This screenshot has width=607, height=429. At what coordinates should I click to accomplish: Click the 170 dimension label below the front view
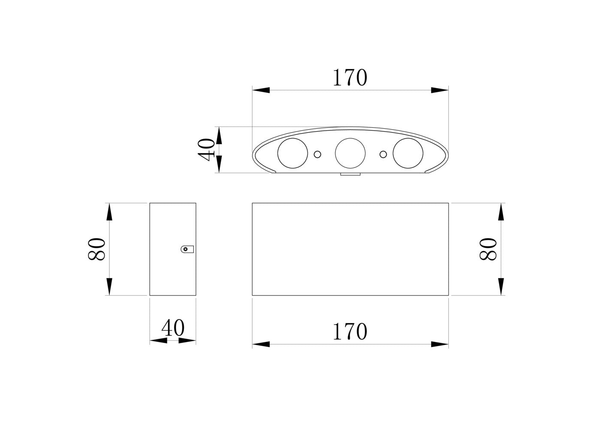coord(350,332)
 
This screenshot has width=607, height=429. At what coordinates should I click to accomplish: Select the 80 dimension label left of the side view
coord(97,249)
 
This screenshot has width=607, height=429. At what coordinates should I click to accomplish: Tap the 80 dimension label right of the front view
coord(488,249)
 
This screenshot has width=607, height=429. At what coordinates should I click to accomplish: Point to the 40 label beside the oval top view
coord(206,150)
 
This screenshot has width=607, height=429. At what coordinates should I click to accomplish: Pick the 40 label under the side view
coord(173,328)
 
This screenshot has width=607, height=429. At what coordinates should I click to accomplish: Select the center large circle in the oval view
coord(350,153)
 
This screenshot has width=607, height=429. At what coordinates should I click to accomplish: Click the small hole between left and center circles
coord(317,154)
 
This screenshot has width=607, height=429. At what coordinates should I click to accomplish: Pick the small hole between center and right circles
coord(383,154)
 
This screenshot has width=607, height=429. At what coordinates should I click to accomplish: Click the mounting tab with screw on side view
coord(187,249)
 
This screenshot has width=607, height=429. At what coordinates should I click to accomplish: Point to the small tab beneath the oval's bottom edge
coord(350,174)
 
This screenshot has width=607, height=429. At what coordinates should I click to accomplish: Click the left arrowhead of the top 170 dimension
coord(261,90)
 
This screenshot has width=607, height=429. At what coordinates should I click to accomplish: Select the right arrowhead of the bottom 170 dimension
coord(440,344)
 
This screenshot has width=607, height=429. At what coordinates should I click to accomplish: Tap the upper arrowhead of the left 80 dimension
coord(109,212)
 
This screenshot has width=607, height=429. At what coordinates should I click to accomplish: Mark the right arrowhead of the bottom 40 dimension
coord(187,340)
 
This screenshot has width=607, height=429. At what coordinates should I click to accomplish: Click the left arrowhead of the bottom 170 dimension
coord(261,344)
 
